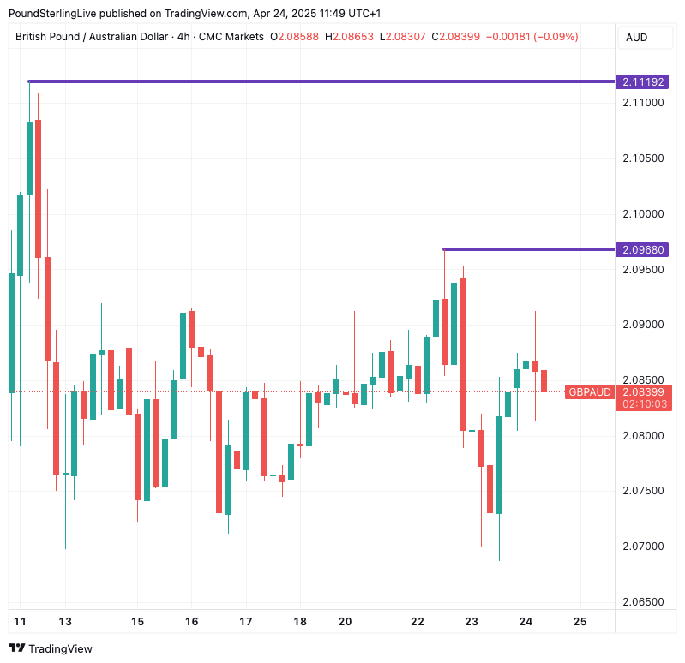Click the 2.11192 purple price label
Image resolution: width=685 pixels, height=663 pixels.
[644, 82]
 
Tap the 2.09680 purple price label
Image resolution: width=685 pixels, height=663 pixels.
[644, 250]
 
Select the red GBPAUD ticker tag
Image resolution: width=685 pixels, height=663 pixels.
[590, 392]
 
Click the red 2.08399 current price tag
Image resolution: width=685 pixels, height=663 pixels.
[644, 392]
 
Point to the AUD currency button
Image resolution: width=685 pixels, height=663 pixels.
[637, 37]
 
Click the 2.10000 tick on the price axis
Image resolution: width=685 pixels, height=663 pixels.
[643, 213]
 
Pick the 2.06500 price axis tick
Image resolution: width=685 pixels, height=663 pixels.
[643, 602]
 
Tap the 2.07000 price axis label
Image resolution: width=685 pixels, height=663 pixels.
[643, 547]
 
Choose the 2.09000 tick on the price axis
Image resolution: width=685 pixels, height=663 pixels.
[643, 325]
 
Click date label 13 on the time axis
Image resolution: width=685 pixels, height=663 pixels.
[65, 621]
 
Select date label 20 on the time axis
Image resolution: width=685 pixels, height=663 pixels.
[346, 621]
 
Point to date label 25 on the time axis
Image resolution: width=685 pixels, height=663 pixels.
[580, 621]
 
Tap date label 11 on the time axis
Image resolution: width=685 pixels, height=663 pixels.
[20, 621]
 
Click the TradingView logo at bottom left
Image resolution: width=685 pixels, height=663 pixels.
[51, 648]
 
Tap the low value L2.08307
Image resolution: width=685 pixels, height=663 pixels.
[403, 37]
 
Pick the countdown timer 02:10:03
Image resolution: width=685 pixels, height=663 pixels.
[644, 403]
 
